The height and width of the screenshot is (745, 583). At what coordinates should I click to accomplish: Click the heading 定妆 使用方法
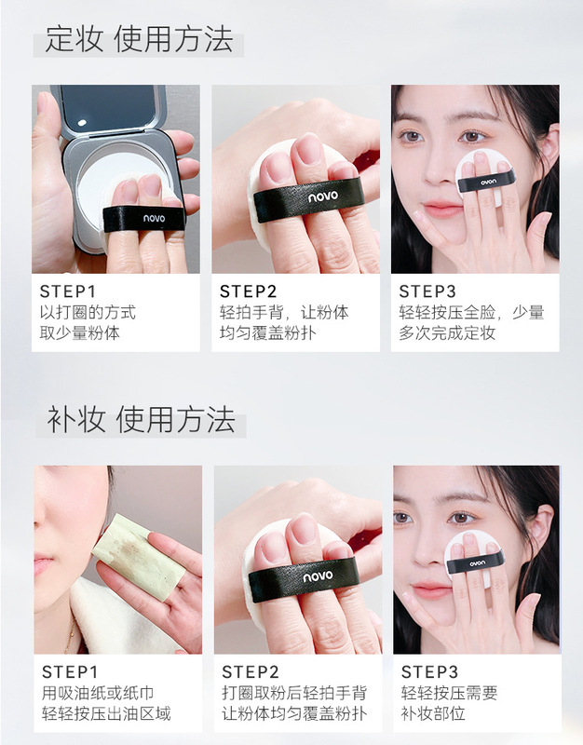[x=139, y=39]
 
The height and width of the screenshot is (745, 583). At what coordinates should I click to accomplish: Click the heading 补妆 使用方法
[x=141, y=420]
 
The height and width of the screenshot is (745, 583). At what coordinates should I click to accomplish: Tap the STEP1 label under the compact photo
[x=68, y=291]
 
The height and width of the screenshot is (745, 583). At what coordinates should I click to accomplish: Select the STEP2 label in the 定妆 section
[x=248, y=291]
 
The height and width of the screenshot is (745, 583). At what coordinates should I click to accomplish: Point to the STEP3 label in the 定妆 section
[x=427, y=291]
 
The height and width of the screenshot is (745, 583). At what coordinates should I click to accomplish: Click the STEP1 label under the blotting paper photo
[x=70, y=672]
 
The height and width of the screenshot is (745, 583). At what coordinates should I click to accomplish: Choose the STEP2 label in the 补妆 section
[x=251, y=672]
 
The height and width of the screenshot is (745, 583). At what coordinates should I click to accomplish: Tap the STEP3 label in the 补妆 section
[x=429, y=672]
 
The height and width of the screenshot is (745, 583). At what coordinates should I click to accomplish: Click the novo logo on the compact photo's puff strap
[x=155, y=218]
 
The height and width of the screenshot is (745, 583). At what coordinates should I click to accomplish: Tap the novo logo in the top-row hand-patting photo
[x=323, y=196]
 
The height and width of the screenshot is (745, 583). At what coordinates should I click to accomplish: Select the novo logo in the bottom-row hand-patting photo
[x=319, y=576]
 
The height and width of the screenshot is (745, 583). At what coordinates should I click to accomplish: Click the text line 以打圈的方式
[x=88, y=312]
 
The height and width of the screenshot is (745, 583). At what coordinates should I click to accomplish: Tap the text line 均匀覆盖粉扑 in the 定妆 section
[x=267, y=332]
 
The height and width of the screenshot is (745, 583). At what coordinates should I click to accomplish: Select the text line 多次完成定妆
[x=447, y=332]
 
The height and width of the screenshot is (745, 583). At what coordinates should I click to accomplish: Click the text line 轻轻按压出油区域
[x=106, y=713]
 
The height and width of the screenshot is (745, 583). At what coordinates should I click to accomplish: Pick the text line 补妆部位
[x=433, y=713]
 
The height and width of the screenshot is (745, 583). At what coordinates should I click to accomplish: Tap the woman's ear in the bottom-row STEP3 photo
[x=543, y=526]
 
